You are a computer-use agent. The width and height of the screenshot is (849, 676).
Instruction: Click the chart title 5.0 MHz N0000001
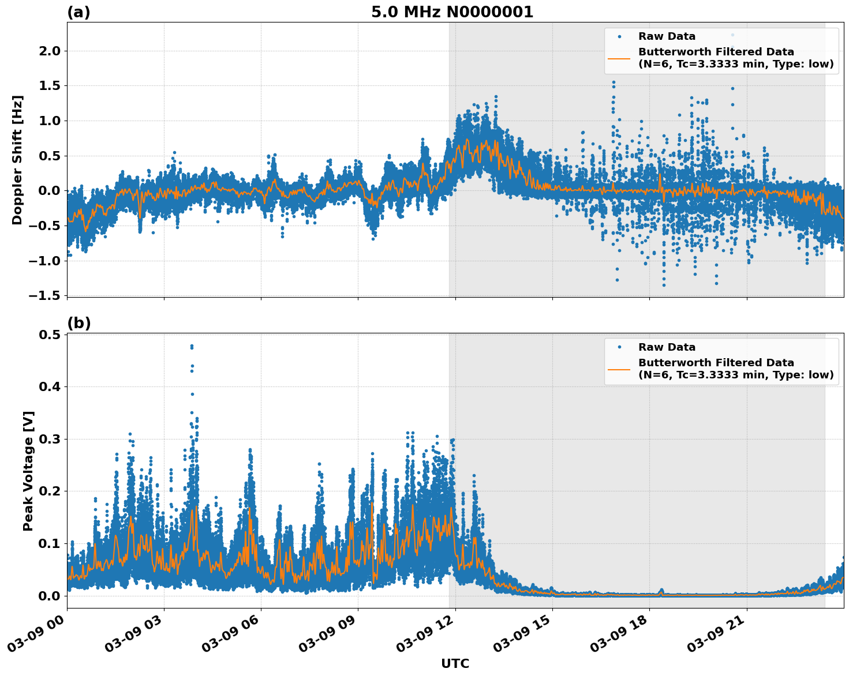click(x=452, y=12)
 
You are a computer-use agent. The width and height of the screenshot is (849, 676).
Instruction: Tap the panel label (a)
click(x=78, y=12)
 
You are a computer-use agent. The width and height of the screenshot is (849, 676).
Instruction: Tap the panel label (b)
click(x=79, y=323)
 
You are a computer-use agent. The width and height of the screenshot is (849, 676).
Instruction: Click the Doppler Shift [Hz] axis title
click(x=17, y=160)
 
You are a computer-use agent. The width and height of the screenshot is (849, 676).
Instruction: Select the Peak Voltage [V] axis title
click(x=28, y=471)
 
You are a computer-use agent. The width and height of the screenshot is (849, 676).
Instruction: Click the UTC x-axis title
click(x=455, y=663)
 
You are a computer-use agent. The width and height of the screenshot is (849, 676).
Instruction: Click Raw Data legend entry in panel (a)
click(x=667, y=36)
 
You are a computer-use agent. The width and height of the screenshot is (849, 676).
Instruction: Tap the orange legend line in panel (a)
click(x=619, y=58)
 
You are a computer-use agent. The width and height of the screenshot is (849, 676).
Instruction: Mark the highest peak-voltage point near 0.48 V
click(x=192, y=346)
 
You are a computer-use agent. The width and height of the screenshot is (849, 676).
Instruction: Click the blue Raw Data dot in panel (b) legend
click(x=619, y=347)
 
